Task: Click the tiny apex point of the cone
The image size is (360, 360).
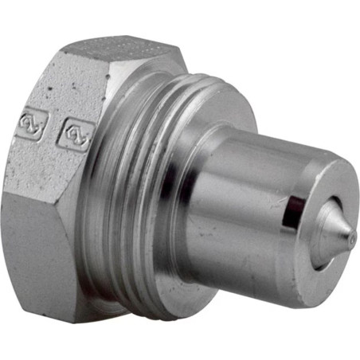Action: [351, 235]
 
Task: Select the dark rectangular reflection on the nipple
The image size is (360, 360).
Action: [294, 209]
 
